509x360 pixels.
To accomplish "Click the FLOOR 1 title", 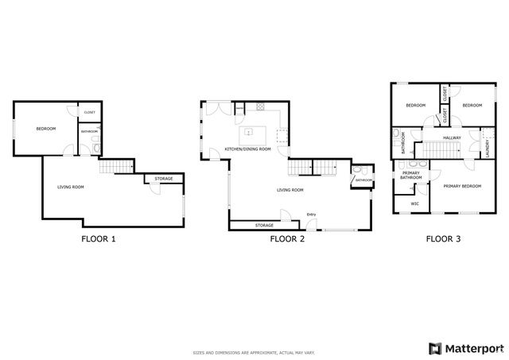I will tap(99, 238).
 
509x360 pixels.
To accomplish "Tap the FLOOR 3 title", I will tap(443, 238).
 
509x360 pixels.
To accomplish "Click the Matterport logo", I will tap(466, 347).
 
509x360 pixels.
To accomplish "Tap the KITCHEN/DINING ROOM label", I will tap(247, 149).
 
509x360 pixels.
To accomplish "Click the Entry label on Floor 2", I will tap(311, 215).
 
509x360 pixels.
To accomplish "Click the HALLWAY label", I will tap(452, 138).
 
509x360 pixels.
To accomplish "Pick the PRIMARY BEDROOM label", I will tap(462, 186).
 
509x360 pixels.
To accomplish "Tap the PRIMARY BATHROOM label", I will tap(411, 176).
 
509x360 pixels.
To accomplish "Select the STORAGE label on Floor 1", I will tap(164, 179).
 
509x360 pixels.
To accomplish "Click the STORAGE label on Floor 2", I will tap(264, 225).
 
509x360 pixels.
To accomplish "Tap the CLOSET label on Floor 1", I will tap(89, 113).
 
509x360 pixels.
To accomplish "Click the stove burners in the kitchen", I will tap(258, 106).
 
